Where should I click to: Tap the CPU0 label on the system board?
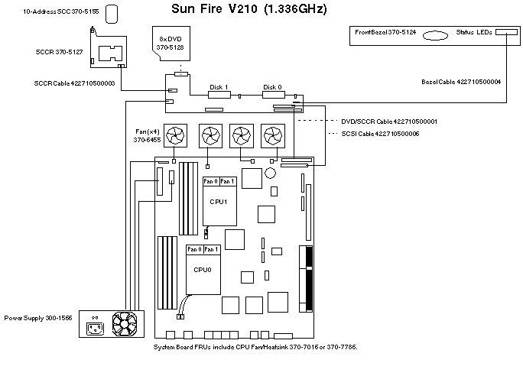tap(203, 269)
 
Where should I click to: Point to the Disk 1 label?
tap(219, 86)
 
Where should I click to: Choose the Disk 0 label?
tap(272, 86)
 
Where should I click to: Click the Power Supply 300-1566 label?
tap(38, 317)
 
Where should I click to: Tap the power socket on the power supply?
tap(97, 329)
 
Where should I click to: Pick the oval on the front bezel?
tap(434, 34)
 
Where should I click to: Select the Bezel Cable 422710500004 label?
tap(461, 82)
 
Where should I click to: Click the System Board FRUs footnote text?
tap(255, 346)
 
